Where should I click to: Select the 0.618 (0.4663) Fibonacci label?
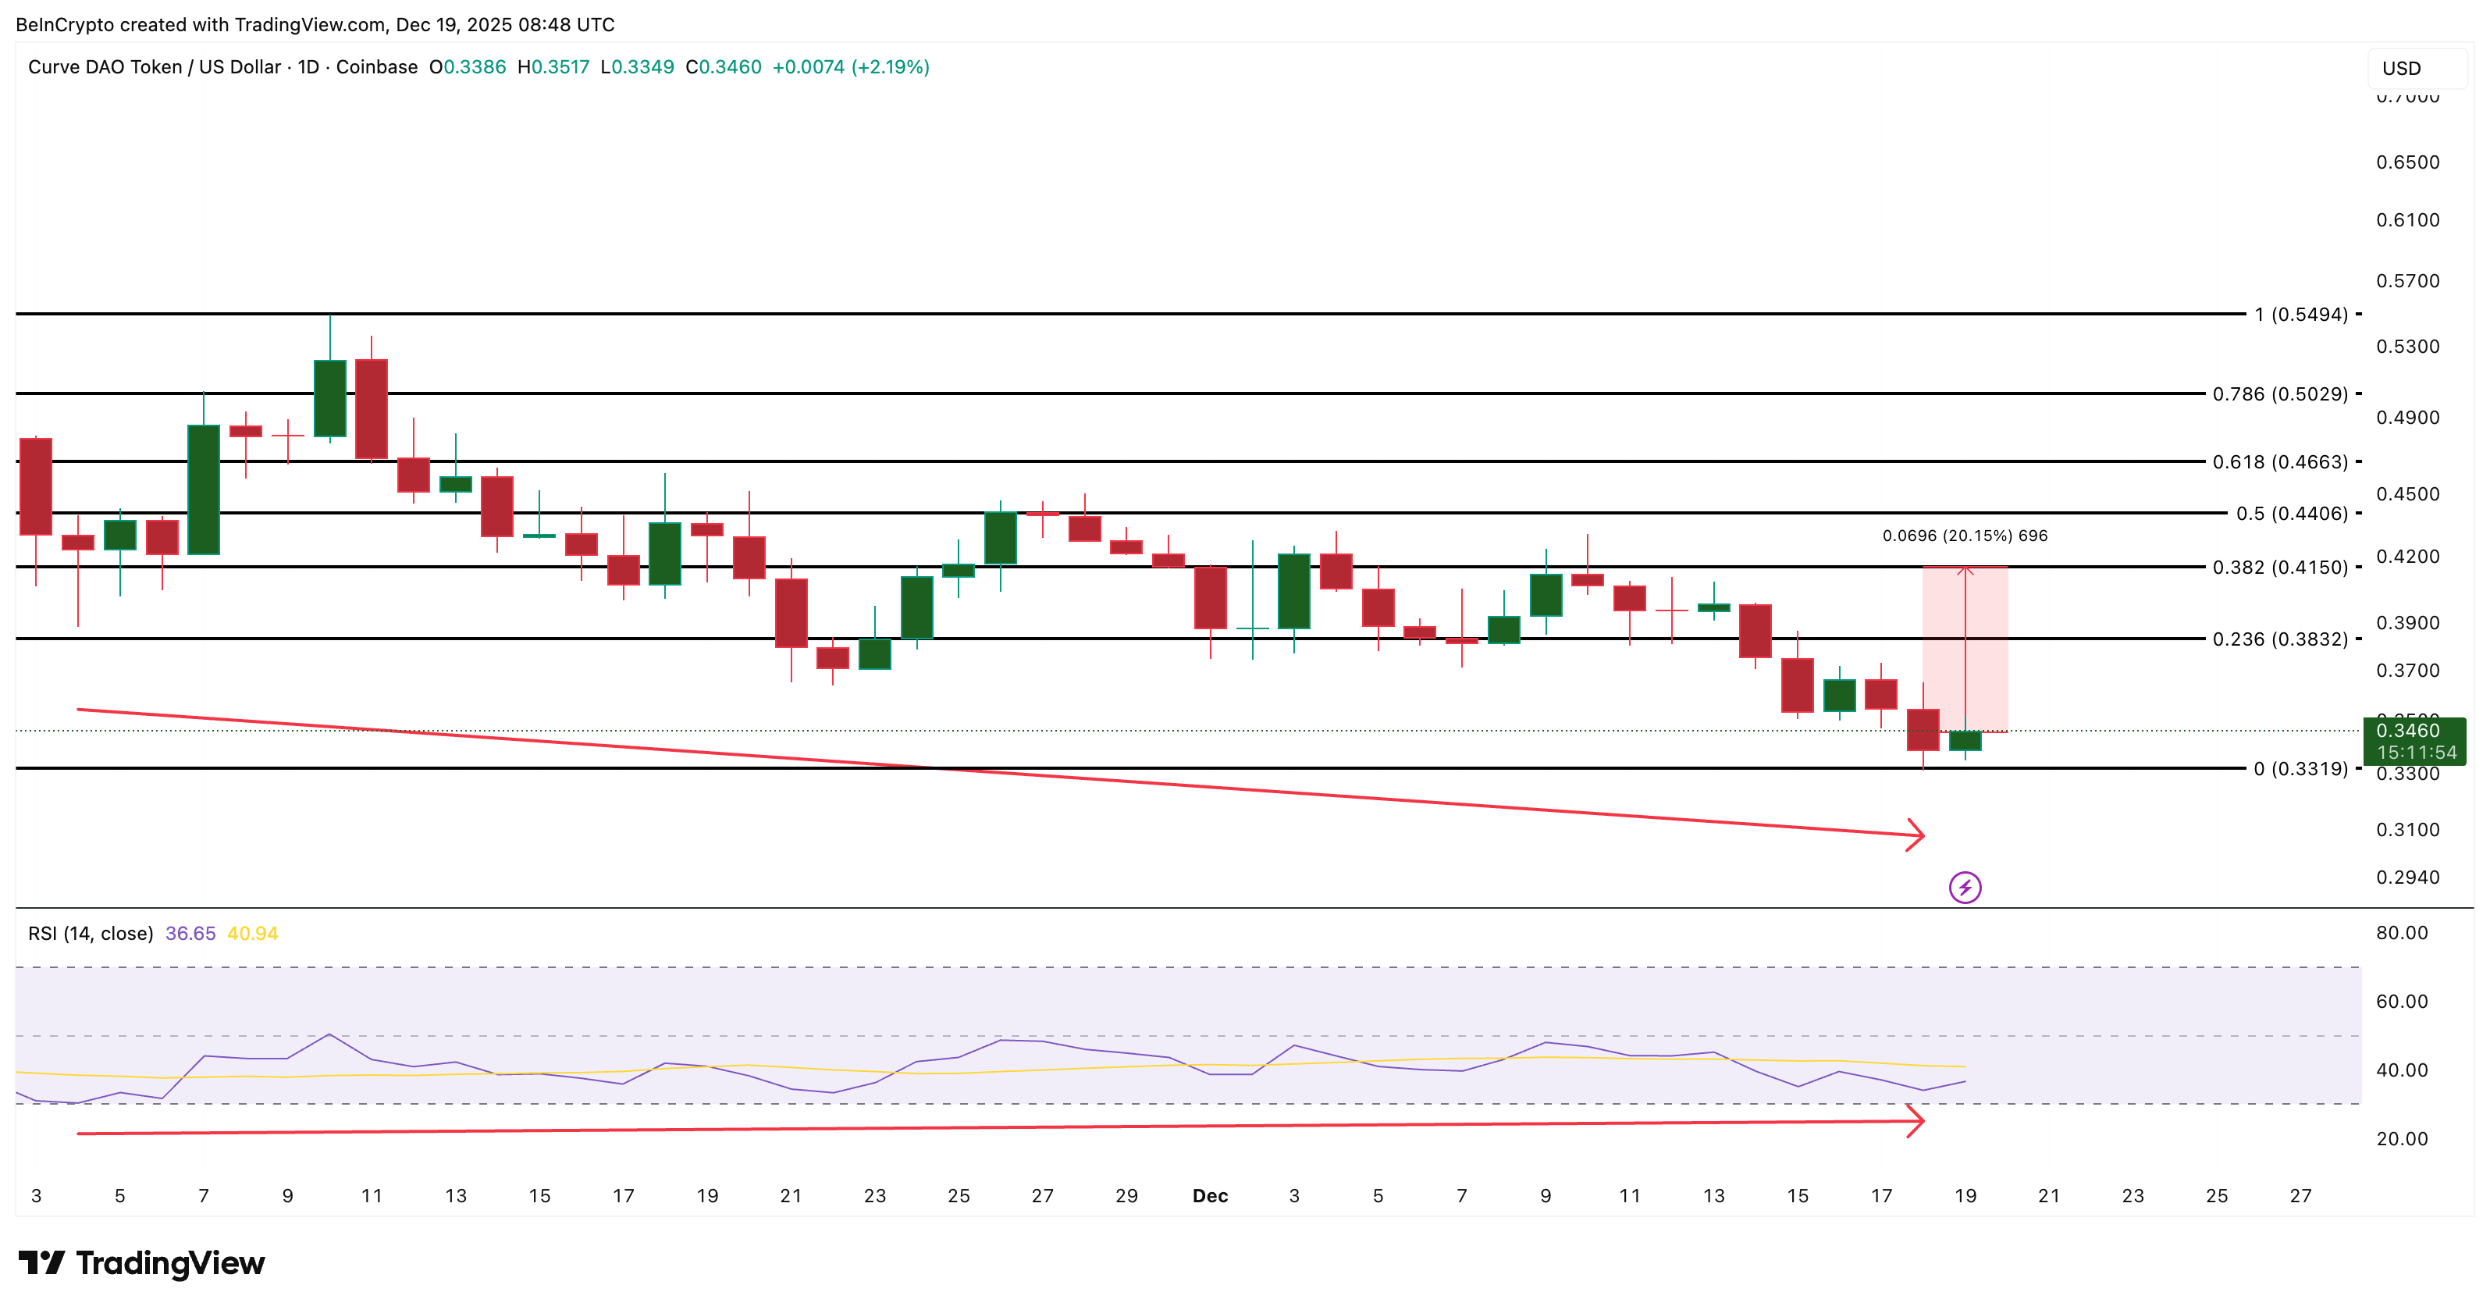tap(2279, 462)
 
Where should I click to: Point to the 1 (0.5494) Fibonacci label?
tap(2300, 314)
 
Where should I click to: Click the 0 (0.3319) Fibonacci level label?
tap(2300, 769)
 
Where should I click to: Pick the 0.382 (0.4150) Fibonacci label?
tap(2279, 568)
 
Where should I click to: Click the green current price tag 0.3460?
tap(2413, 741)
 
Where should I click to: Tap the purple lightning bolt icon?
tap(1964, 887)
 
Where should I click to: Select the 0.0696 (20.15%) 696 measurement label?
tap(1964, 536)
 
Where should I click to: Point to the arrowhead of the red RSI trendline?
tap(1916, 1122)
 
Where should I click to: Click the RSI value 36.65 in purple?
tap(190, 933)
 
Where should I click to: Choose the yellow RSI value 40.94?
tap(252, 933)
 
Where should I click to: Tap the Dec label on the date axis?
tap(1209, 1196)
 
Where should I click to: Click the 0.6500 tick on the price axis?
tap(2407, 162)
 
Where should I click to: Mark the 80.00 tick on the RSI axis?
tap(2401, 932)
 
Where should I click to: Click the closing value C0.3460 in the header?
tap(723, 66)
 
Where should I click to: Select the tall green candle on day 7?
tap(203, 489)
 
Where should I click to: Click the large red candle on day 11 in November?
tap(372, 408)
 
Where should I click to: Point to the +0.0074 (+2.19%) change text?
tap(851, 66)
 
